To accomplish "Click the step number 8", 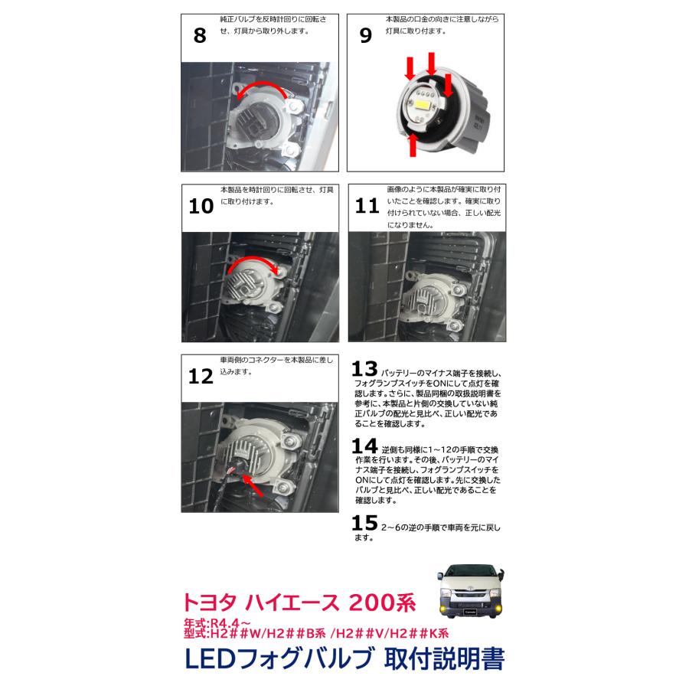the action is (200, 35).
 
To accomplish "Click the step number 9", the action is (366, 35).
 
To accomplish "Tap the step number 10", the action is (201, 206).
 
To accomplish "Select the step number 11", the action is (367, 206).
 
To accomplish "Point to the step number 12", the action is (201, 376).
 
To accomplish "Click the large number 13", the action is (364, 369).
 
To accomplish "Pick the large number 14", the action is (364, 446).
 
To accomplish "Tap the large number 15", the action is (364, 522).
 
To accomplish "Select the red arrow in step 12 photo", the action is (253, 485).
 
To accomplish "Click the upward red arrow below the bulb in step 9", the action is (413, 145).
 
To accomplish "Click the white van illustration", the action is (471, 591).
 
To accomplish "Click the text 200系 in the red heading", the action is (382, 602).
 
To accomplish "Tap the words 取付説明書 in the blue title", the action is (444, 658).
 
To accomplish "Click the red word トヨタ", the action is (210, 602).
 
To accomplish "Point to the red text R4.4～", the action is (230, 622).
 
